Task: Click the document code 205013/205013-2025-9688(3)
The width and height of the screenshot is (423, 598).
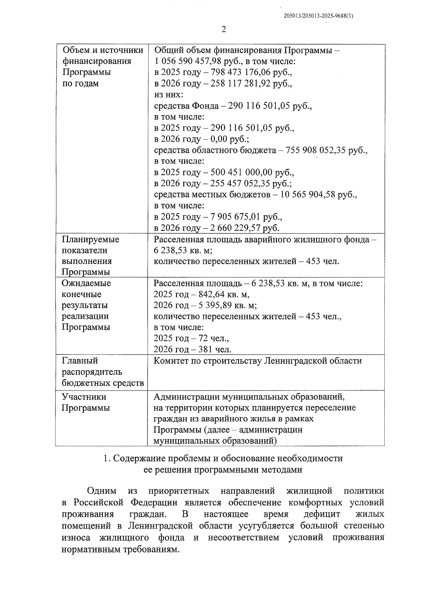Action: (318, 16)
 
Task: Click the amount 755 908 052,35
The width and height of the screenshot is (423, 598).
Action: (316, 150)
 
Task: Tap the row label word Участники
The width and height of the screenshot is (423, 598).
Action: (84, 397)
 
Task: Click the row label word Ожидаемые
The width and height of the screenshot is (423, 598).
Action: (86, 283)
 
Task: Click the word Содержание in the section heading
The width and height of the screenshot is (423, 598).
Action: (140, 458)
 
